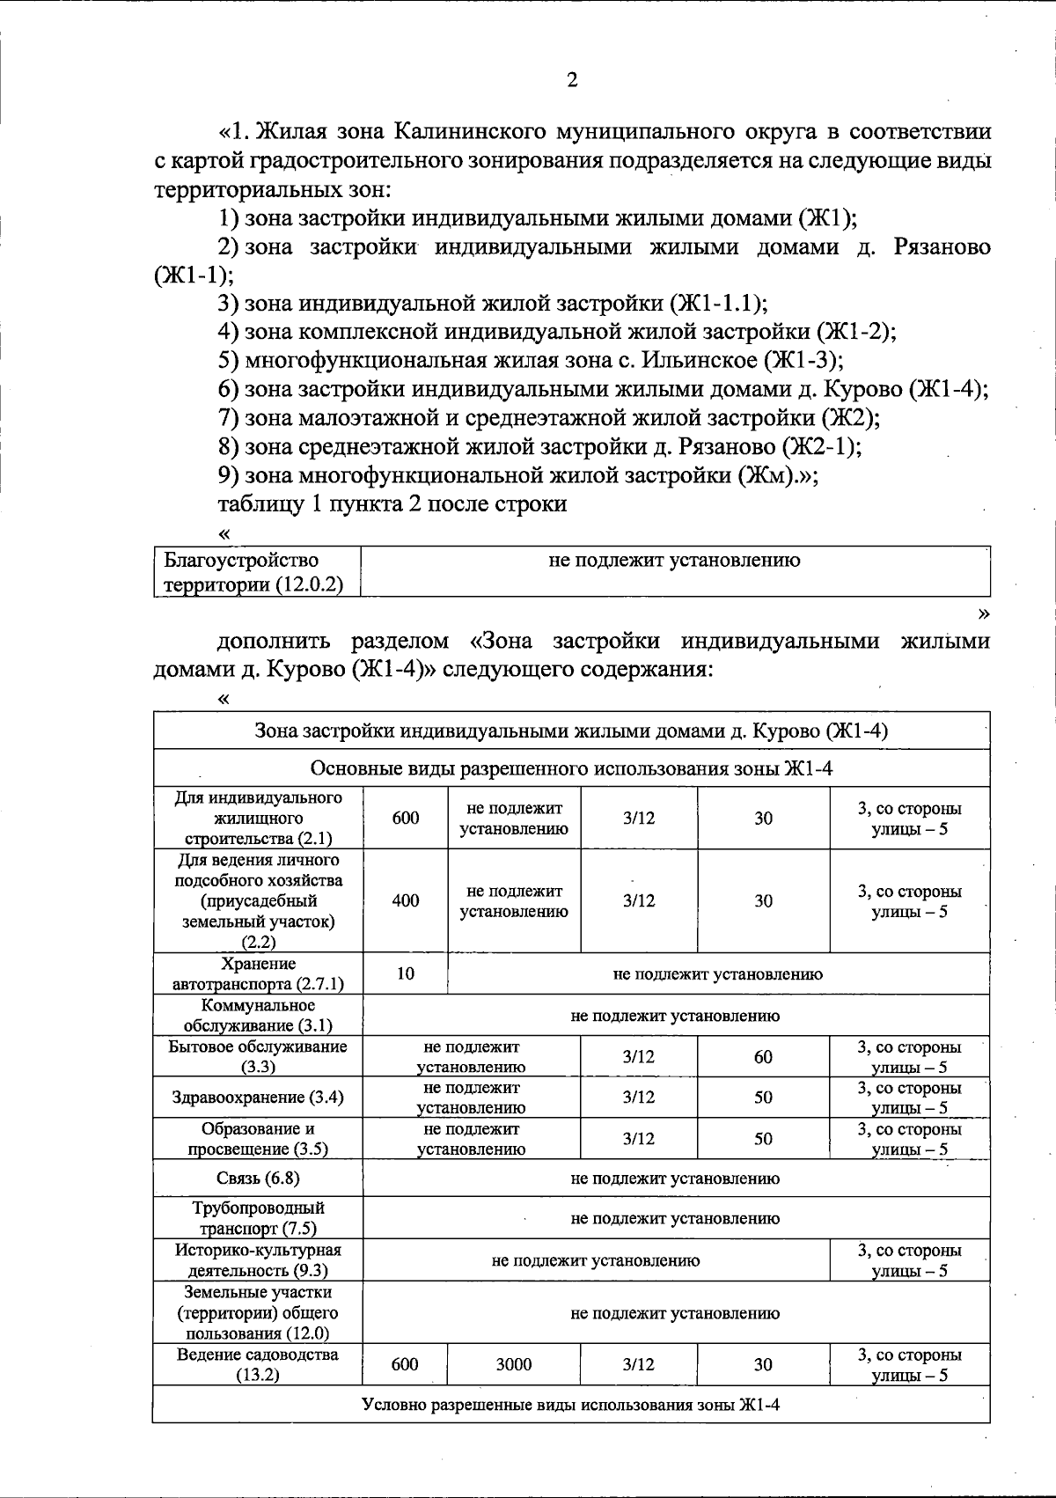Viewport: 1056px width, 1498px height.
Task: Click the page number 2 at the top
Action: tap(572, 81)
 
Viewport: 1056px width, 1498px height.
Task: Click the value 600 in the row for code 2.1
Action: tap(406, 818)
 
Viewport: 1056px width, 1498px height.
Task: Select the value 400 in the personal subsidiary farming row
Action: tap(406, 900)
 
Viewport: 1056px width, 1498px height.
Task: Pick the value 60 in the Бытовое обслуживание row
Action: tap(763, 1056)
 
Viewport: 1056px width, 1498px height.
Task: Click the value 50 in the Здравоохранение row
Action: tap(763, 1098)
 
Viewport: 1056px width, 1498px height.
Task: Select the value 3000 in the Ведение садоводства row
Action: tap(514, 1364)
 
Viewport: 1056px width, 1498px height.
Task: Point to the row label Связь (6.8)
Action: tap(258, 1179)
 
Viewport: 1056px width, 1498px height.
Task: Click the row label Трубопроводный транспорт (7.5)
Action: tap(258, 1218)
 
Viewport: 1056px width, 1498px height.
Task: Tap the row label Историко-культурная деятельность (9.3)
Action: tap(258, 1259)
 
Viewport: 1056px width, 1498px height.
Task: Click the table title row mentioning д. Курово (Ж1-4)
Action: tap(571, 731)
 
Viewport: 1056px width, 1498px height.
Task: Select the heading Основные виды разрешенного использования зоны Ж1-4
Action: tap(571, 768)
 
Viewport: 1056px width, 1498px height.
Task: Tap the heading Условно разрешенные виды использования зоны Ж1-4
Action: tap(571, 1404)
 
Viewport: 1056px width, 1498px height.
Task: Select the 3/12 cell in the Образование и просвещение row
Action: tap(639, 1138)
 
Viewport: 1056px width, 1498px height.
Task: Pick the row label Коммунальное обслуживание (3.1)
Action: tap(258, 1015)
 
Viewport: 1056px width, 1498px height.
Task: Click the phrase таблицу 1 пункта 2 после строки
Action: tap(392, 504)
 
